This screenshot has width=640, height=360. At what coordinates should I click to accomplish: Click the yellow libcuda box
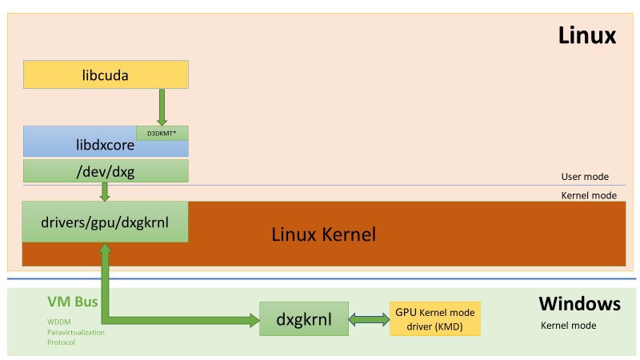point(106,75)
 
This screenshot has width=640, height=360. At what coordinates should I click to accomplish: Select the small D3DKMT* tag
point(162,133)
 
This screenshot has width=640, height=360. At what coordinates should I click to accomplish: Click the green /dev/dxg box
point(106,170)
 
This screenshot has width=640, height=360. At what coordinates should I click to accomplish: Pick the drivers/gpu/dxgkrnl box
point(106,222)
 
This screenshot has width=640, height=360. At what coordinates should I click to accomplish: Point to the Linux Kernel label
point(323,235)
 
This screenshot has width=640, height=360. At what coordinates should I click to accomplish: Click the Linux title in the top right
point(586,35)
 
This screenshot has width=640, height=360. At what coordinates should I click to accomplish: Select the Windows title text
point(579,303)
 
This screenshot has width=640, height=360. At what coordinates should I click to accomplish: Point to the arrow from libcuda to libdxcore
point(162,106)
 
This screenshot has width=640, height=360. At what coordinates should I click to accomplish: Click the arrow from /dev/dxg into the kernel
point(106,192)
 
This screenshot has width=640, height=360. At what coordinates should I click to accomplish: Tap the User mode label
point(585,177)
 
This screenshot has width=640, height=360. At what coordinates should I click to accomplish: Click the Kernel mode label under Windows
point(569,326)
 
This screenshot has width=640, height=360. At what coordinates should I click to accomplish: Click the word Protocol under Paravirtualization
point(61,342)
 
